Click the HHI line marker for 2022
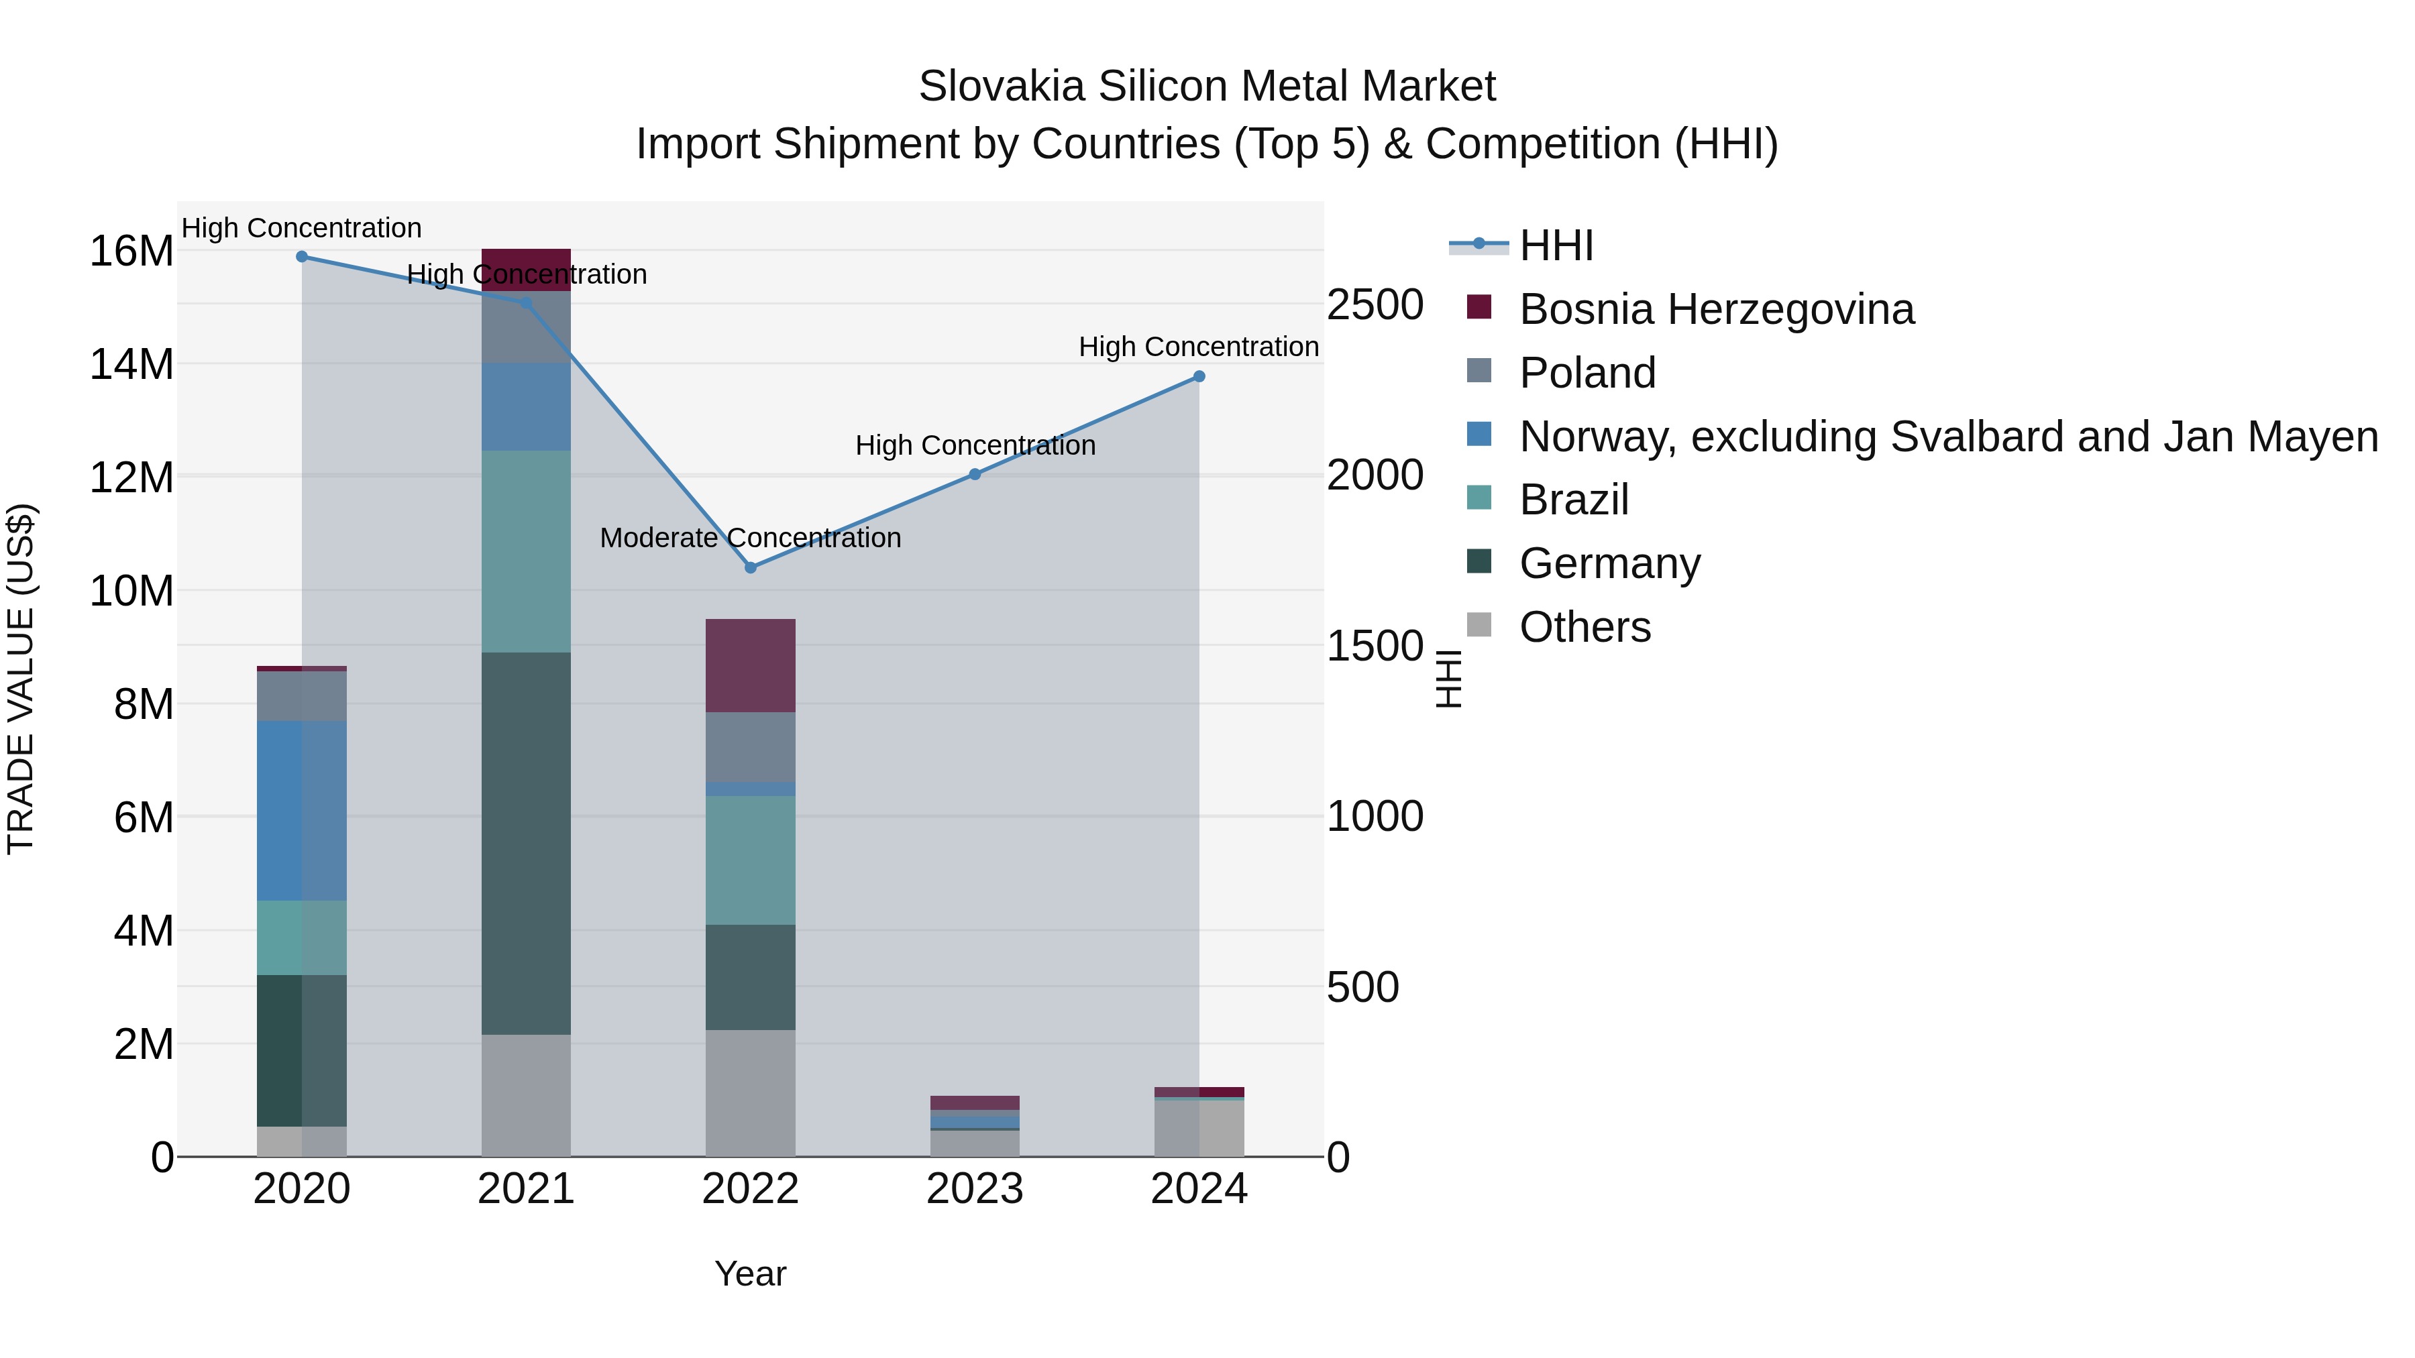750,567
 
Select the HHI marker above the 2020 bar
302,257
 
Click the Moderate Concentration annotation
750,538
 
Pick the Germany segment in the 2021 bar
526,844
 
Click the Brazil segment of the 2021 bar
526,551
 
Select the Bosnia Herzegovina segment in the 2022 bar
750,665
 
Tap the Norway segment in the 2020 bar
302,811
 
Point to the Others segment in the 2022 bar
750,1093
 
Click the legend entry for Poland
1587,373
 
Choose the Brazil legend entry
1573,500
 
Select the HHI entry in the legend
1556,245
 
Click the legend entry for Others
1585,627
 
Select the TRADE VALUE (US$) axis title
21,679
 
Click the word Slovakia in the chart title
1002,87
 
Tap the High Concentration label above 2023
975,445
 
